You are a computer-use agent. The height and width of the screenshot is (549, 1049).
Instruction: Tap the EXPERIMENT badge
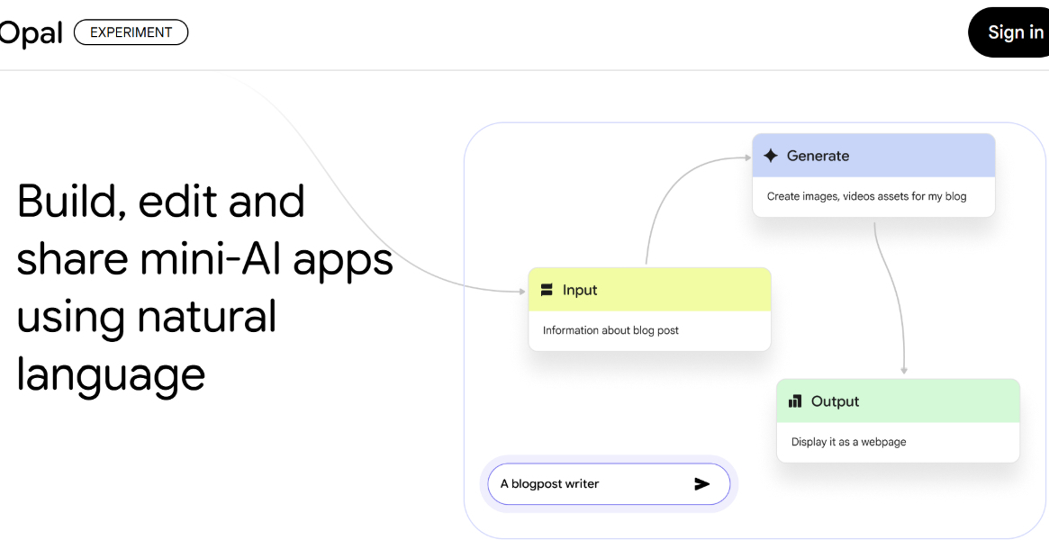131,32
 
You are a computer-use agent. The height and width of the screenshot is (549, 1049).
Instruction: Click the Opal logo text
32,33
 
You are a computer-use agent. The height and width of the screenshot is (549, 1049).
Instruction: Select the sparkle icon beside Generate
771,156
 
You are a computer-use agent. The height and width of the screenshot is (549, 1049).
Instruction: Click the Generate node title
818,156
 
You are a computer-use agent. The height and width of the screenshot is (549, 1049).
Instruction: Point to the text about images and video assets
866,196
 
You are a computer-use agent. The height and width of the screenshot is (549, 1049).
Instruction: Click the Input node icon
547,290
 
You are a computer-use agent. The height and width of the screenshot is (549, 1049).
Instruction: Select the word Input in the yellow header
580,290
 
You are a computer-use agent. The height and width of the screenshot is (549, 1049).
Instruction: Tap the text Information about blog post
610,330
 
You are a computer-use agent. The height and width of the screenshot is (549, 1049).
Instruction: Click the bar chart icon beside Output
795,401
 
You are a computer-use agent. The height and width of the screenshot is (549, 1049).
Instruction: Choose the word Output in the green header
835,401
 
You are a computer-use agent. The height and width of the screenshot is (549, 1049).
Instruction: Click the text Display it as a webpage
848,442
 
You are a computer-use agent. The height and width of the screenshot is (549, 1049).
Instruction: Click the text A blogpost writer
549,484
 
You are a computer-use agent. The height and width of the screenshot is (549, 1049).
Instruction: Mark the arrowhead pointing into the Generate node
746,158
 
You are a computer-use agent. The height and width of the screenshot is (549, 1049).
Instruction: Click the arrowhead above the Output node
903,370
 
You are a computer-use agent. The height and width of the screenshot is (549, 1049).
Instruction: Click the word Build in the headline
72,201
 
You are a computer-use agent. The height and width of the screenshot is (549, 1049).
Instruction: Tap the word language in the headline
111,373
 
